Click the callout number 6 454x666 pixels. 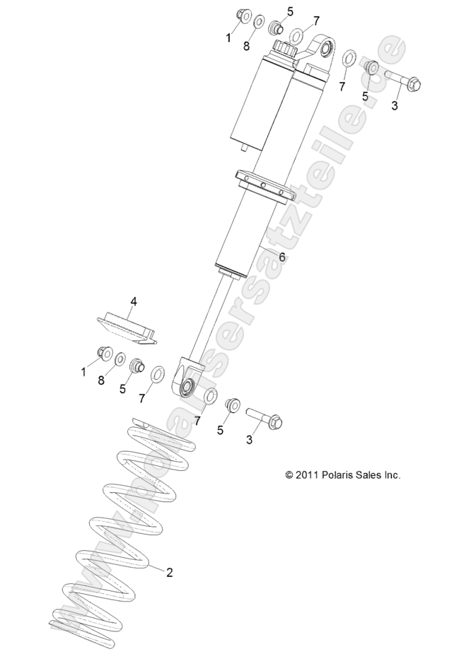282,258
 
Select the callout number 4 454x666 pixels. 133,301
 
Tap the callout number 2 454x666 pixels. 169,572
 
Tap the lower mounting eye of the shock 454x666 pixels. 188,386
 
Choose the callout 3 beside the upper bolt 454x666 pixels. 395,106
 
